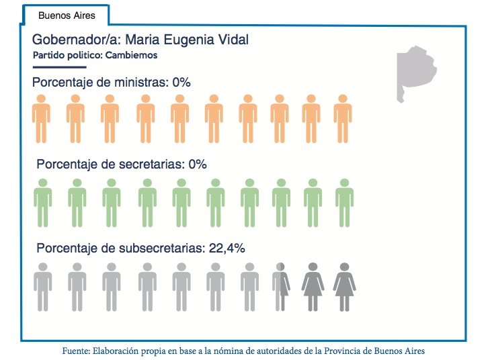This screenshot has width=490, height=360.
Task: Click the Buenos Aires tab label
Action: pos(67,15)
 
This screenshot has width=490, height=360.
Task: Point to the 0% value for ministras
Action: pos(181,83)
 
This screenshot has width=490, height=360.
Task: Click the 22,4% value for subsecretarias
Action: pos(226,248)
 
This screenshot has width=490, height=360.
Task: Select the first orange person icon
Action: pos(42,118)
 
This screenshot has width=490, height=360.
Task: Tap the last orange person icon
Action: pos(343,118)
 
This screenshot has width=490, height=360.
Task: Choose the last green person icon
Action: pos(344,202)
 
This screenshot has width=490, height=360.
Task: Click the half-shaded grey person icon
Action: pos(280,286)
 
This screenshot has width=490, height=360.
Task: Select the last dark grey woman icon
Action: pos(344,286)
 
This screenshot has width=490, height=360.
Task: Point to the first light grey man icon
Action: pos(43,286)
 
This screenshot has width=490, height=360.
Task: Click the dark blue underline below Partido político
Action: pos(60,67)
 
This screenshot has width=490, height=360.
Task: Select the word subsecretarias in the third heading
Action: pos(161,248)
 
